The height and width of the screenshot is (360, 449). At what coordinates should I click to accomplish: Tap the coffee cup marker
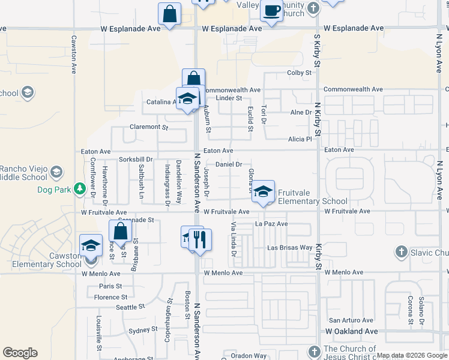click(272, 11)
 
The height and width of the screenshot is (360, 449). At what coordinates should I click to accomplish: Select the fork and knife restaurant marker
click(200, 239)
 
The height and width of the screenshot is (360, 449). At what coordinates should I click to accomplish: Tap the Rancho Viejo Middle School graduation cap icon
click(56, 172)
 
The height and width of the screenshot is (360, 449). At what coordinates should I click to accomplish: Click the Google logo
click(20, 353)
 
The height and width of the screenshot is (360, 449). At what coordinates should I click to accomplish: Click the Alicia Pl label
click(301, 139)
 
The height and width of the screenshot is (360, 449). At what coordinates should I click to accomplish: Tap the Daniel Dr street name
click(228, 164)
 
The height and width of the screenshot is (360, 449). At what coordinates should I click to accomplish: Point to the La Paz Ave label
click(271, 224)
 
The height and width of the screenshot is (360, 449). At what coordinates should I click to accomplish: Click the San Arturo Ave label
click(345, 320)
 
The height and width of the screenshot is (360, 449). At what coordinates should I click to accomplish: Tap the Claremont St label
click(149, 127)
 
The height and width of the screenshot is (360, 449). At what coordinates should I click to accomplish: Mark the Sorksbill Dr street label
click(136, 160)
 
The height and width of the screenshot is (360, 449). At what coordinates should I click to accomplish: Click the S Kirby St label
click(318, 50)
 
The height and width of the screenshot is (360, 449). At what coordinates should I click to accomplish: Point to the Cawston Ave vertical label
click(74, 54)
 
